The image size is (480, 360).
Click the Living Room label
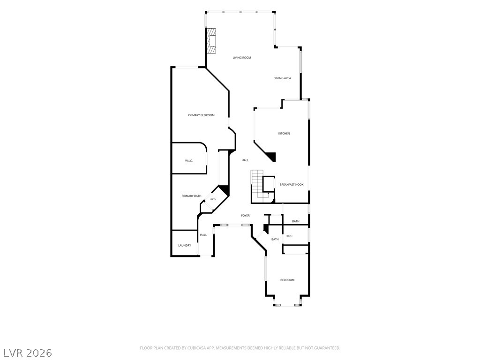[x=242, y=58]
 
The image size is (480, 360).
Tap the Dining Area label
[x=282, y=78]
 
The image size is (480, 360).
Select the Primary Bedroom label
[x=201, y=115]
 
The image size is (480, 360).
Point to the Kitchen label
[x=284, y=134]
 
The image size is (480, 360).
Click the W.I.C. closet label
[x=189, y=161]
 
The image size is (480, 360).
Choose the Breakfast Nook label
[x=292, y=185]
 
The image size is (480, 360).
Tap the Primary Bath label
[x=192, y=196]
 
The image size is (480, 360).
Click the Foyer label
[x=245, y=216]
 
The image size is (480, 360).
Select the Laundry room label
[x=185, y=246]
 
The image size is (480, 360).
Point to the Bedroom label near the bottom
[x=287, y=280]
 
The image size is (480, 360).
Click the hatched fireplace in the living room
[x=210, y=41]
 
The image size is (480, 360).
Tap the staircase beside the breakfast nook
[x=257, y=186]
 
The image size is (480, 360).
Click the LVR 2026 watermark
[x=26, y=353]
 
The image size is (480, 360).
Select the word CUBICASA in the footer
[x=197, y=348]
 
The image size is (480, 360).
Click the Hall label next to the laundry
[x=203, y=235]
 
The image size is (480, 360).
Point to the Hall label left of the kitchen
[x=245, y=160]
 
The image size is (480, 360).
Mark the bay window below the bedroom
[x=287, y=305]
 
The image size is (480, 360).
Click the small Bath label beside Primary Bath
[x=213, y=199]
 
